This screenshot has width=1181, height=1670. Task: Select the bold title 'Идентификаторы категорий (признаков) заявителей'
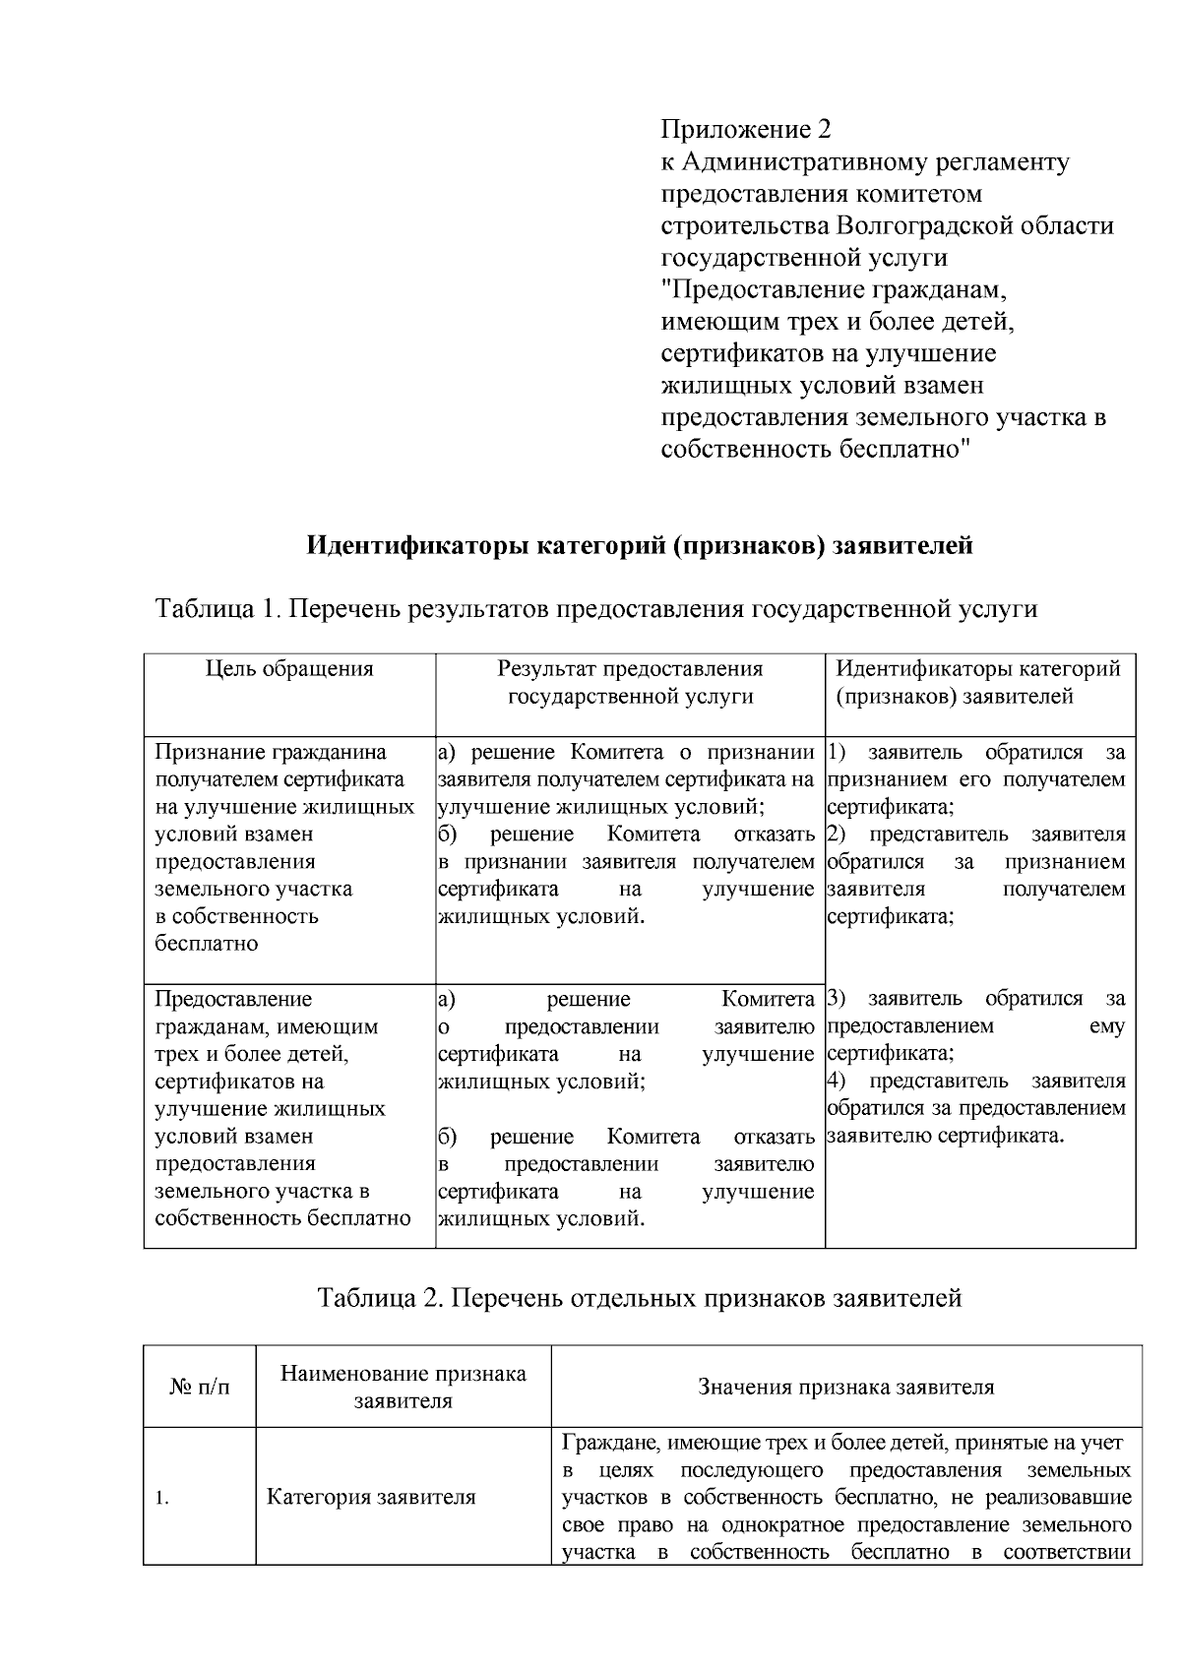point(640,544)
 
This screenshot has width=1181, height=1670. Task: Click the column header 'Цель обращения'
point(289,669)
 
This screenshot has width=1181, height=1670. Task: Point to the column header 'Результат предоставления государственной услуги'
point(630,683)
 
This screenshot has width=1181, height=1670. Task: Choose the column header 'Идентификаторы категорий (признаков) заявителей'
point(978,683)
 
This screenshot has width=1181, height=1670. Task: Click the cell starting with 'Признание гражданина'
point(272,753)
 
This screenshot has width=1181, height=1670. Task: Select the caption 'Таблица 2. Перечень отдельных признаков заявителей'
point(639,1298)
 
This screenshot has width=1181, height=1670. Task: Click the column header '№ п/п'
point(199,1387)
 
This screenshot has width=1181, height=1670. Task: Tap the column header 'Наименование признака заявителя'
point(403,1387)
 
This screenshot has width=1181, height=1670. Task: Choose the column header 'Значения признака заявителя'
point(845,1387)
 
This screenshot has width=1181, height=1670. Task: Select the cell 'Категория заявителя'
point(371,1498)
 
